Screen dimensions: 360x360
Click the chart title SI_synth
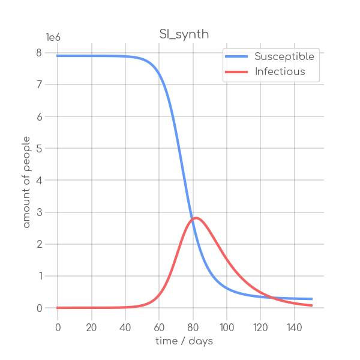(184, 34)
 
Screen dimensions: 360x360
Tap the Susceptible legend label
(284, 57)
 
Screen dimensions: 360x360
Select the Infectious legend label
(280, 72)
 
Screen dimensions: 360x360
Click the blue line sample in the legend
(236, 57)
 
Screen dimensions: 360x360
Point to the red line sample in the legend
(236, 72)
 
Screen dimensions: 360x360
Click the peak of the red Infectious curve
(196, 218)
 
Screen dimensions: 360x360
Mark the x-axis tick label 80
(193, 327)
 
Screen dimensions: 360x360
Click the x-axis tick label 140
(295, 327)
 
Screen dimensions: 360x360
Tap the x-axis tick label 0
(58, 327)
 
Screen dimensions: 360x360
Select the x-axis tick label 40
(125, 327)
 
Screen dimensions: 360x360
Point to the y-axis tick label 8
(39, 53)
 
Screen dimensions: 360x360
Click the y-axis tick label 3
(39, 212)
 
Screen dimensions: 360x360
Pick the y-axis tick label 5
(39, 148)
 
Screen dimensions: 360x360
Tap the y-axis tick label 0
(39, 308)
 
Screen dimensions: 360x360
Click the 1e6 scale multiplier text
(53, 37)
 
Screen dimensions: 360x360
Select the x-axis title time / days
(184, 341)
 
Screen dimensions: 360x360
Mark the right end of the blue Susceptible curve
(311, 299)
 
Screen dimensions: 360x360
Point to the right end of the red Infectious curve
(311, 305)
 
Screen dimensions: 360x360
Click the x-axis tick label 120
(260, 327)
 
